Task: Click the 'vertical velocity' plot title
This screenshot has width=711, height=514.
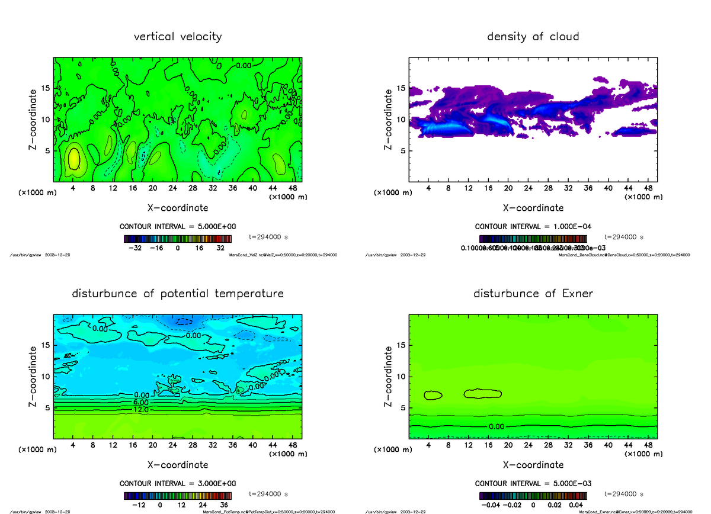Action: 178,37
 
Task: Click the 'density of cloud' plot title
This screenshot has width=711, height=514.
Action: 533,37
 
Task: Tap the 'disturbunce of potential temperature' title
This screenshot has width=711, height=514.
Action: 178,294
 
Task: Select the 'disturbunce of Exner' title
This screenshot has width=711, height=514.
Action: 533,294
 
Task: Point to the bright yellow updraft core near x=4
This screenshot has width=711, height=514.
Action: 73,159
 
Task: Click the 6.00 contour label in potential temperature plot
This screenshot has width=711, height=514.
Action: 141,402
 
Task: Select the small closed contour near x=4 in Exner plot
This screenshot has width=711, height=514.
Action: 433,394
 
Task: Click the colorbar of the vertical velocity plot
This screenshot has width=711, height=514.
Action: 177,239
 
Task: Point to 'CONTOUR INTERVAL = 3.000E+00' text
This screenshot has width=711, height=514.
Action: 178,484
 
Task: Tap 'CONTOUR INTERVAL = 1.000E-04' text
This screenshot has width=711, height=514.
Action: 533,227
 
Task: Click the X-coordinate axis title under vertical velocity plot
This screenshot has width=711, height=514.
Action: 178,208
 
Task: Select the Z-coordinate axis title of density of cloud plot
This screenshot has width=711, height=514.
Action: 389,119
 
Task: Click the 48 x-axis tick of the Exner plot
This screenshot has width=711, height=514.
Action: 648,445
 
